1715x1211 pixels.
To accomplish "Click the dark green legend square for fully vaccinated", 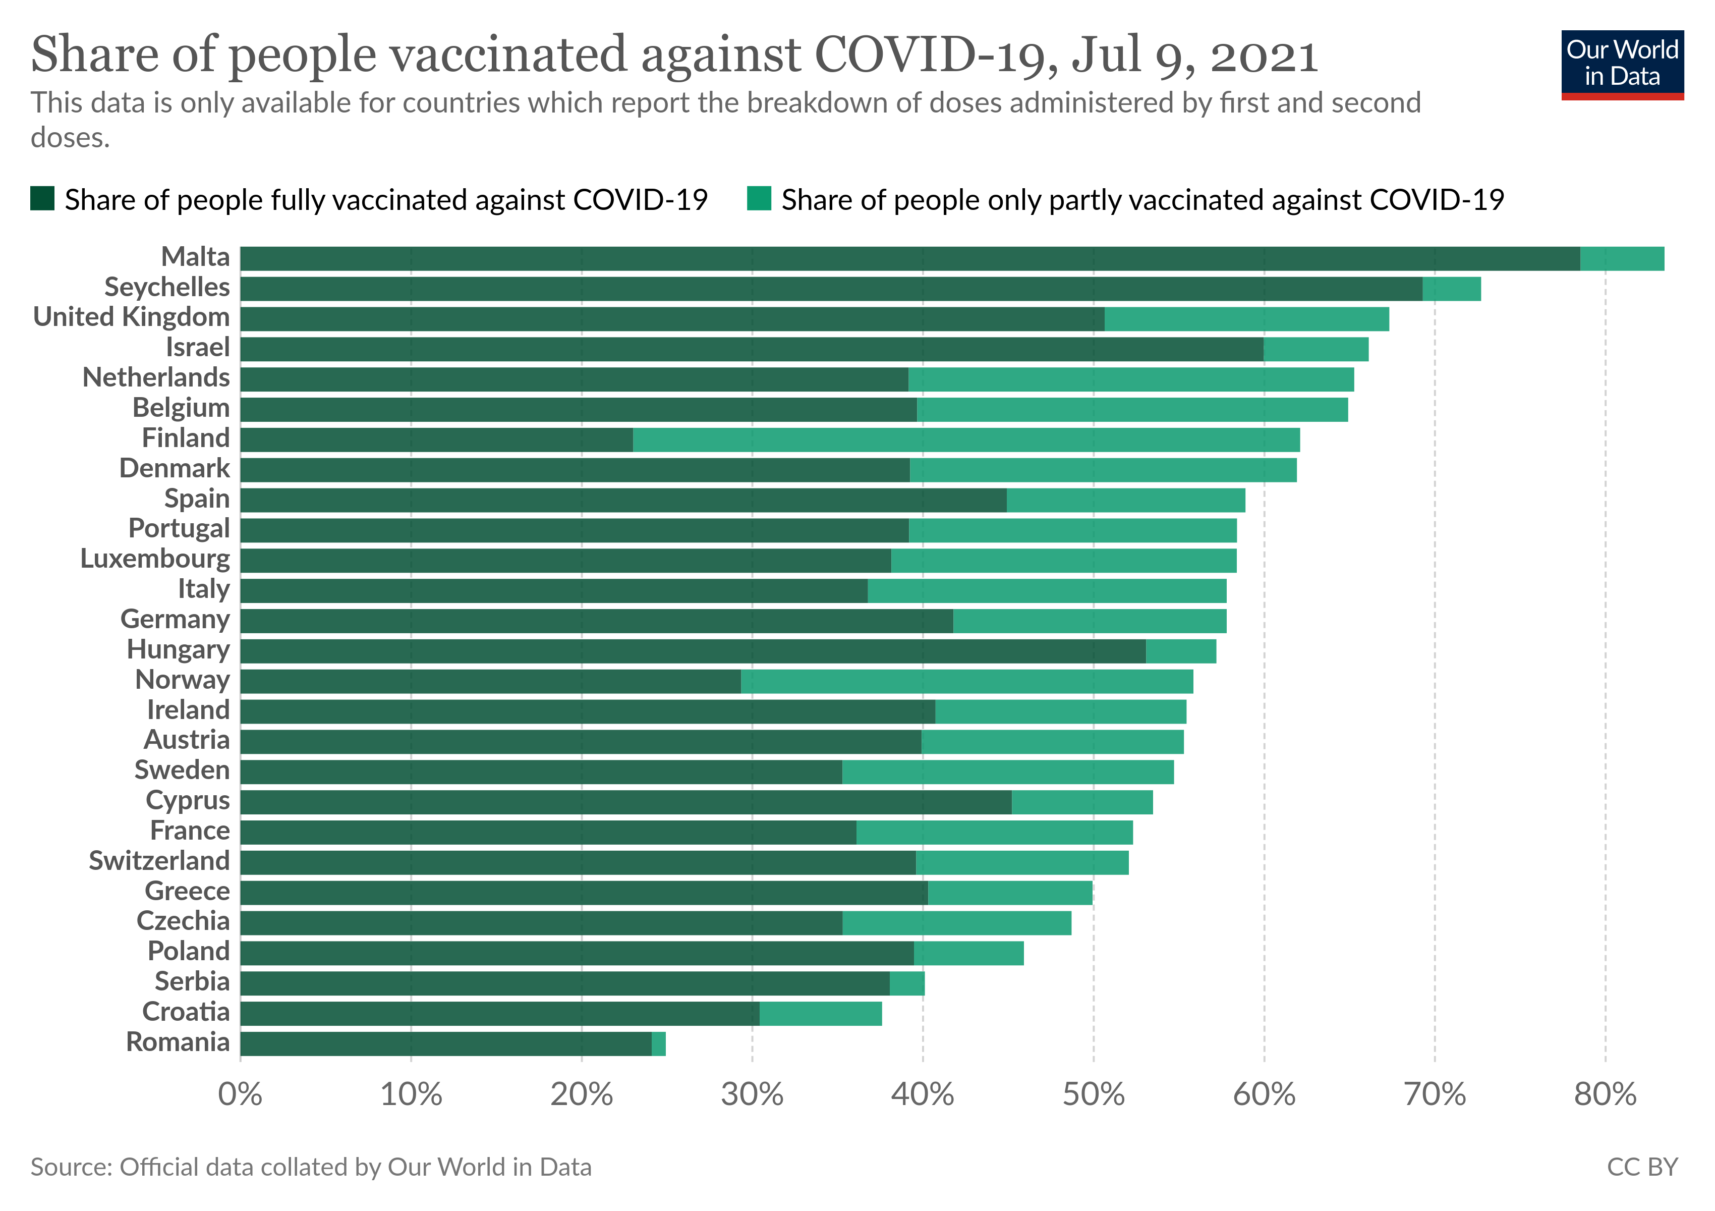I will coord(42,199).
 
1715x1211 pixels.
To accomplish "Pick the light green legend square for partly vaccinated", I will coord(759,199).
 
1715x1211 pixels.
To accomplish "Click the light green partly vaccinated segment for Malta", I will coord(1622,258).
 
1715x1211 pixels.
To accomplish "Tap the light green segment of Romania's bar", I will coord(658,1043).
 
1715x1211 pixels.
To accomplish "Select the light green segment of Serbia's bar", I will coord(907,983).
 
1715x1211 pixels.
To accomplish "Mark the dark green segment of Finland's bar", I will coord(436,440).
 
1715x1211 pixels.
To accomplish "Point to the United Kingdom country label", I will coord(132,317).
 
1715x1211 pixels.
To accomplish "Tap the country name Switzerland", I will coord(159,861).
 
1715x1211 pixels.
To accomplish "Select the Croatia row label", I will coord(186,1012).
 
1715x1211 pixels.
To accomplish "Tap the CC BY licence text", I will coord(1642,1167).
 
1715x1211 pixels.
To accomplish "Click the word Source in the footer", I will coord(71,1167).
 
